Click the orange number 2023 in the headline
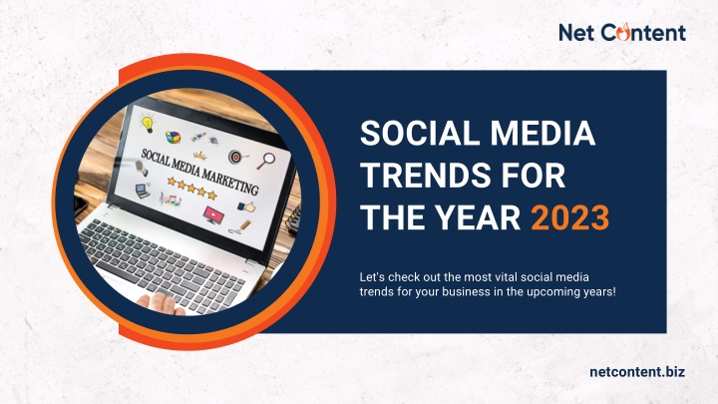(x=570, y=217)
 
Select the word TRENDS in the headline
(x=423, y=176)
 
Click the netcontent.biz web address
(x=637, y=371)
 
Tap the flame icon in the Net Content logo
(x=623, y=32)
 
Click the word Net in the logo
(x=576, y=33)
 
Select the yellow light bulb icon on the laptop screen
(x=148, y=123)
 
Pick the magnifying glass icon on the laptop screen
(x=265, y=161)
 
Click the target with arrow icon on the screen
(x=237, y=157)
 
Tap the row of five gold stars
(x=191, y=188)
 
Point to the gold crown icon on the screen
(x=199, y=156)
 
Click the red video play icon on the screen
(x=212, y=214)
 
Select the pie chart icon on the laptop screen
(x=173, y=137)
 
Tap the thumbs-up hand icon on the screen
(x=247, y=207)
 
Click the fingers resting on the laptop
(x=161, y=303)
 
